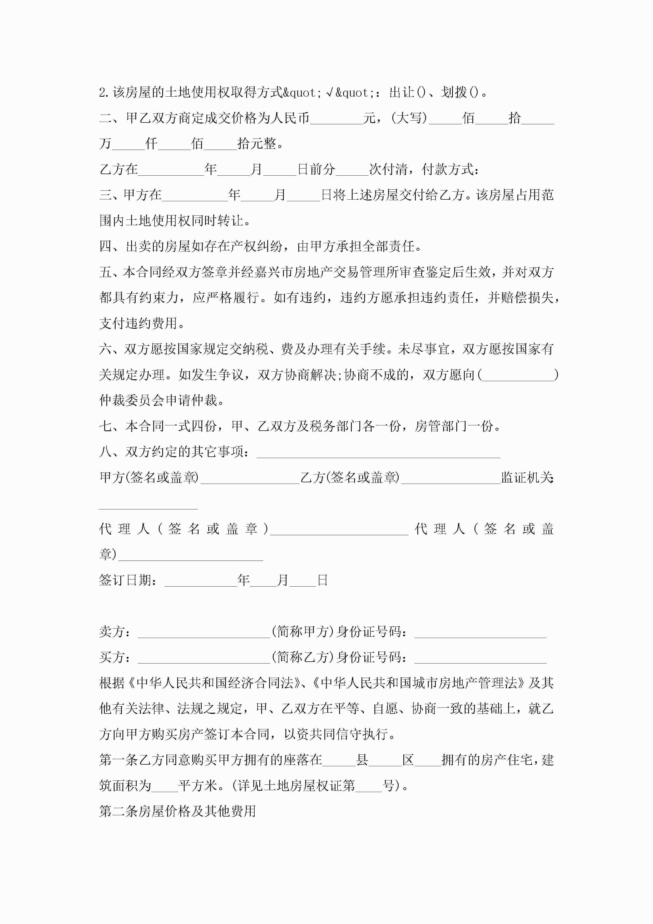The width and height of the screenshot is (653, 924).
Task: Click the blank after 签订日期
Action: pyautogui.click(x=200, y=581)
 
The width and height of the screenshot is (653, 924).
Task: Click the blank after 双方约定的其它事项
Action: pyautogui.click(x=378, y=452)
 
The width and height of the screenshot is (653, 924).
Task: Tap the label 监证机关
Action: pyautogui.click(x=527, y=478)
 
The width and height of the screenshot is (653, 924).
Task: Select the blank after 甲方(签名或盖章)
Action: pyautogui.click(x=250, y=478)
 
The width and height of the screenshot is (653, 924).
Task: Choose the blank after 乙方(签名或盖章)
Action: pyautogui.click(x=451, y=478)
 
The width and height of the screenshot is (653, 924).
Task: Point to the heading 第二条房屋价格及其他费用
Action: pyautogui.click(x=177, y=811)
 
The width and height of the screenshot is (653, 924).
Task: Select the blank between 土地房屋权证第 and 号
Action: pyautogui.click(x=369, y=785)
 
